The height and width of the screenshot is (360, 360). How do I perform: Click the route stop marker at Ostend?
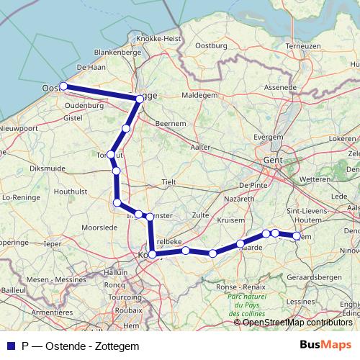click(x=63, y=86)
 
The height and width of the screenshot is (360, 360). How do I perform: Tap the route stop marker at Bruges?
click(x=140, y=99)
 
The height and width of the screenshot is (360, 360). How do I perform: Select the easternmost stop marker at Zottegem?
click(x=296, y=235)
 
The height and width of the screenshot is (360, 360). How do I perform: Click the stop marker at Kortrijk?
click(x=152, y=254)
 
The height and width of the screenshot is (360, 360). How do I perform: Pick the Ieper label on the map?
click(x=53, y=244)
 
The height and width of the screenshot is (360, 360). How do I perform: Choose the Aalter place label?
click(x=200, y=147)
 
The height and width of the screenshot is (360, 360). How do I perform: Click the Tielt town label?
click(x=169, y=183)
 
